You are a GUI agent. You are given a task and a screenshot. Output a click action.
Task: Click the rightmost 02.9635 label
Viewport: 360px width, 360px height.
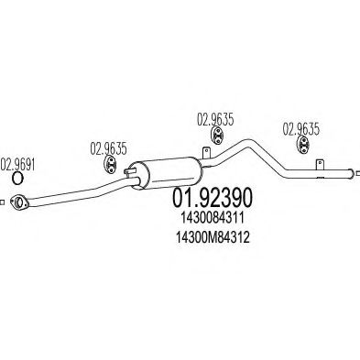[300, 128]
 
